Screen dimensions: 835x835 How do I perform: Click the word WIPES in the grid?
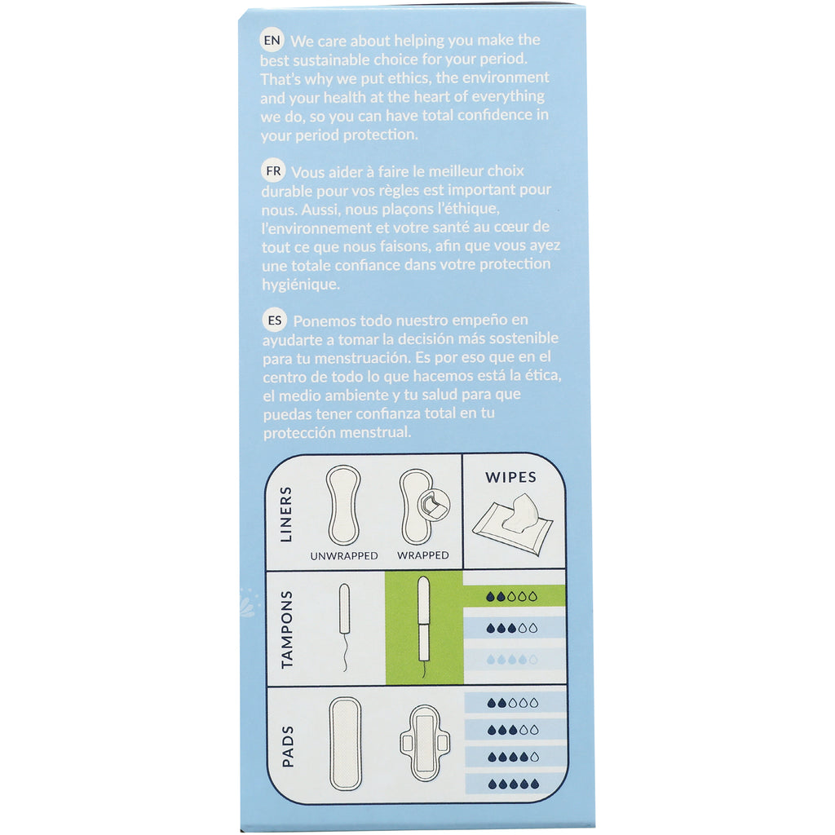pyautogui.click(x=511, y=476)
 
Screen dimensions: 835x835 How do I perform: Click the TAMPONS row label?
pyautogui.click(x=286, y=629)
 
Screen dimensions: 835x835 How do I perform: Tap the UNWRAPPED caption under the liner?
pyautogui.click(x=344, y=555)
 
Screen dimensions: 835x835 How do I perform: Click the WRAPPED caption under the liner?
pyautogui.click(x=422, y=555)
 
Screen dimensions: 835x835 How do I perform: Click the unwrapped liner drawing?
pyautogui.click(x=344, y=505)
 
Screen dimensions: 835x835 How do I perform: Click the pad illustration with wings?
pyautogui.click(x=424, y=743)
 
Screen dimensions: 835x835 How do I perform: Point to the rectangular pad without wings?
pyautogui.click(x=346, y=743)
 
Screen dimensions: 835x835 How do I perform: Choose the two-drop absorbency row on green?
pyautogui.click(x=512, y=597)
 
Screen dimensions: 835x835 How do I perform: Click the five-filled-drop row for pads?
pyautogui.click(x=512, y=784)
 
